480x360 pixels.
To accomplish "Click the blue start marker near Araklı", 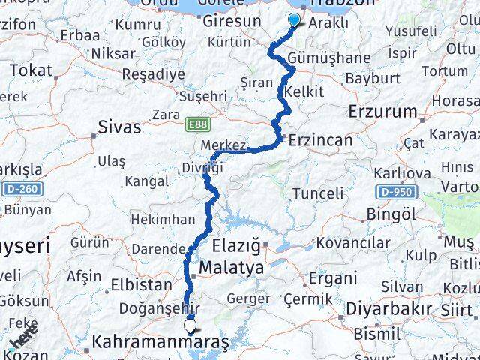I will [294, 21].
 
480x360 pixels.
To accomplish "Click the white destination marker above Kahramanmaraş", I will [190, 326].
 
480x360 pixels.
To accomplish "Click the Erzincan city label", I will [320, 140].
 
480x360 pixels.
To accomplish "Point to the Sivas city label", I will [121, 127].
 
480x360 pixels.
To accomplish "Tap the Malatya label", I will [231, 267].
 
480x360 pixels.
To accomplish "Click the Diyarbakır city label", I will [389, 308].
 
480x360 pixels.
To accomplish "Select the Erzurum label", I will [382, 112].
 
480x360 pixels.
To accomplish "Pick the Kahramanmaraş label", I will [160, 343].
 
